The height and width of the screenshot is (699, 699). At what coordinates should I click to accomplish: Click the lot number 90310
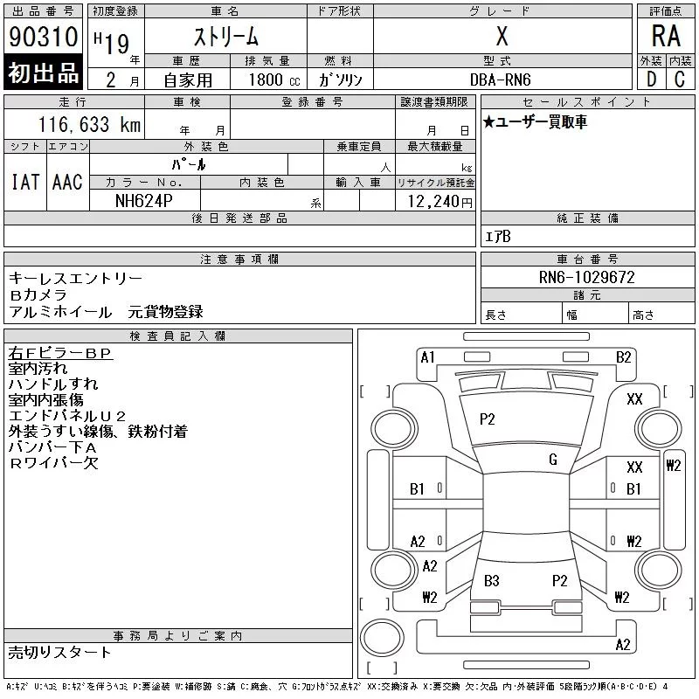point(43,38)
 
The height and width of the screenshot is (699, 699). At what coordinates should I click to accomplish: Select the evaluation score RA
point(666,37)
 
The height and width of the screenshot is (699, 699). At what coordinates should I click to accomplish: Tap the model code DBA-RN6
point(501,79)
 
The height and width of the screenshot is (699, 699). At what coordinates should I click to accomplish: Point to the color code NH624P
point(144,200)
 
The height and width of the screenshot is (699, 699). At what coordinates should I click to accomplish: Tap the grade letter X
point(502,37)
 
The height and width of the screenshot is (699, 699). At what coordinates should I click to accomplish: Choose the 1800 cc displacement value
point(267,79)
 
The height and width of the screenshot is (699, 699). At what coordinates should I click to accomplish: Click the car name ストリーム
point(225,37)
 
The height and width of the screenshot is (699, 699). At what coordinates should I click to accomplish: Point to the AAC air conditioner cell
point(67,182)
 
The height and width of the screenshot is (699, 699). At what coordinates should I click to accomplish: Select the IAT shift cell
point(25,182)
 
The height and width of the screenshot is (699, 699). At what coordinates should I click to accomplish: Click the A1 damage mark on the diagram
point(428,356)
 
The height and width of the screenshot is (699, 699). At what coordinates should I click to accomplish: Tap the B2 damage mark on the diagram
point(623,356)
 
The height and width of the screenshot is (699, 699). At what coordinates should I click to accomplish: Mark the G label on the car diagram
point(553,460)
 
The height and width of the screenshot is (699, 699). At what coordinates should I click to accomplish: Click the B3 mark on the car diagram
point(492,580)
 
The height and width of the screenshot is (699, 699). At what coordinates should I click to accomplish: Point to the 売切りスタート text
point(60,652)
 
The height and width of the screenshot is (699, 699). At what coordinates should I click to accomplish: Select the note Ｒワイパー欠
point(53,463)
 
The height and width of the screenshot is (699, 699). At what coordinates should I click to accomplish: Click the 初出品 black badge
point(43,73)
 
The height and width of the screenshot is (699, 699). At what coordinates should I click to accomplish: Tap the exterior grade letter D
point(651,79)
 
